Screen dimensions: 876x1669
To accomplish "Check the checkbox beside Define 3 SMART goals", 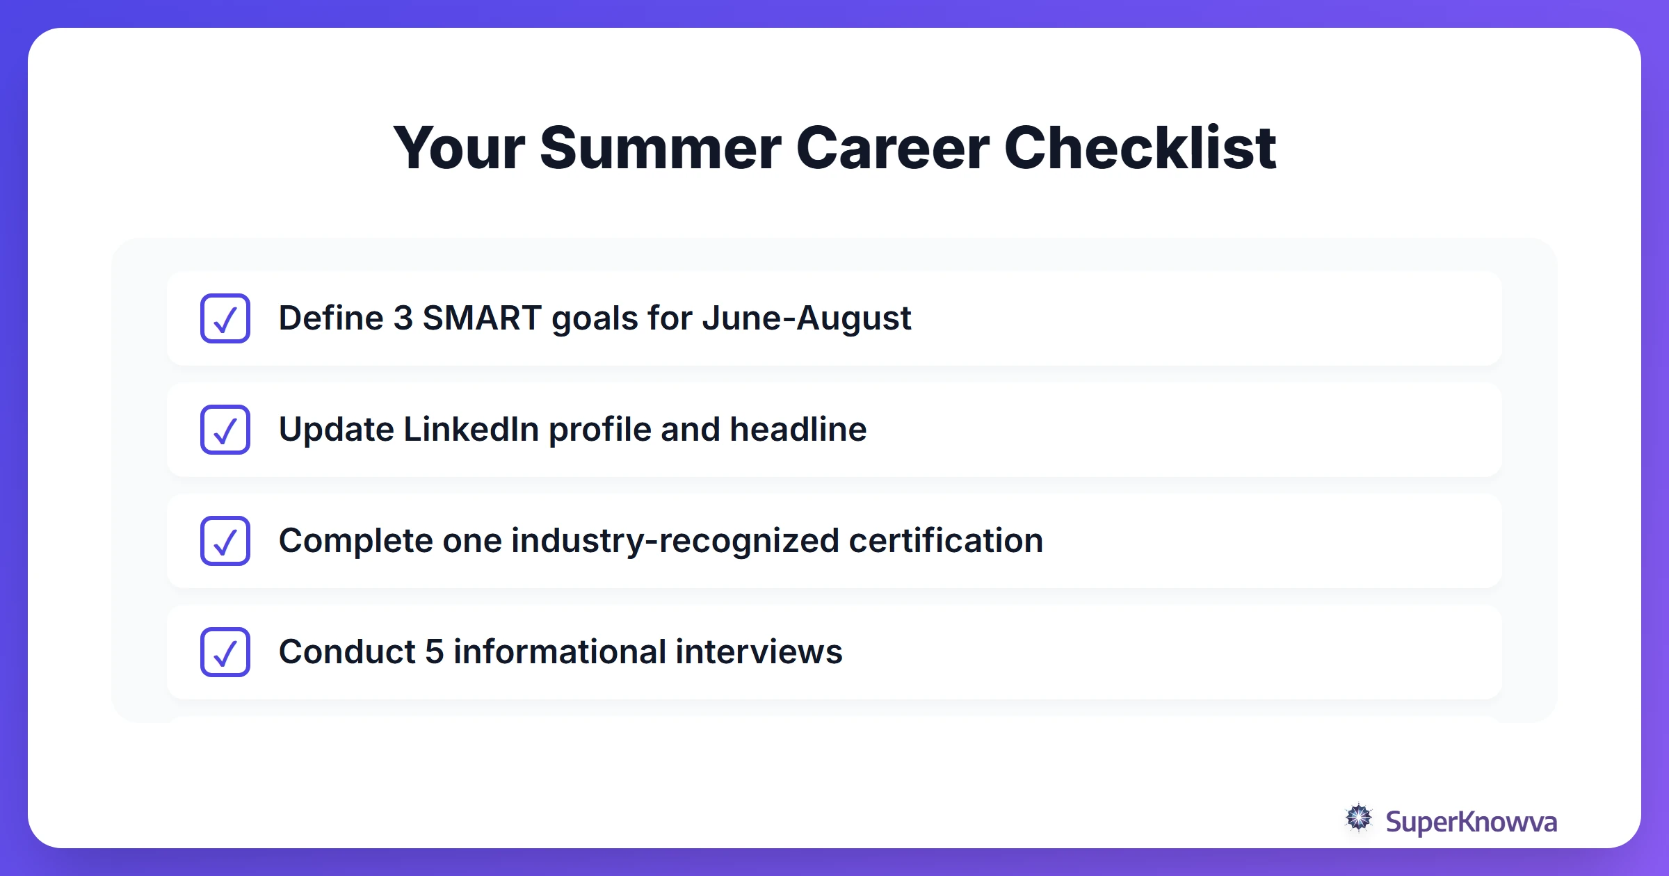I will [x=225, y=318].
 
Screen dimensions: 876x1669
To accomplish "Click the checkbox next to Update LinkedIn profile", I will [x=225, y=430].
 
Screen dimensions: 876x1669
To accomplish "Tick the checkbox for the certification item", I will [x=225, y=541].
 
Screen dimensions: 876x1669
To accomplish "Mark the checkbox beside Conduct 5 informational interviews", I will [x=225, y=652].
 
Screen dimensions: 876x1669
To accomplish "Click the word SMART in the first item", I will [x=482, y=318].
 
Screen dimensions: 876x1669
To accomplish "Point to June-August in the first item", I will [x=806, y=318].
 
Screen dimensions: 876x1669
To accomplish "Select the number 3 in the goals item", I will [x=403, y=318].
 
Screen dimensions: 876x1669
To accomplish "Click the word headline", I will [x=798, y=430].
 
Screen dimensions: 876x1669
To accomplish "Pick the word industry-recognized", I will [x=675, y=541].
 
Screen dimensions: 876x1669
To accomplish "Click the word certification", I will [x=946, y=541].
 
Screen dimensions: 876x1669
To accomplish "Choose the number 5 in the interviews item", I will [x=434, y=652].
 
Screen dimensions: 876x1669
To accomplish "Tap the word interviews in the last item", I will [x=759, y=652].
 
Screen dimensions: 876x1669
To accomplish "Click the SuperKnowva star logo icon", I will [x=1358, y=818].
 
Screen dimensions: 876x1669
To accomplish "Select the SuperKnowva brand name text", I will [x=1471, y=822].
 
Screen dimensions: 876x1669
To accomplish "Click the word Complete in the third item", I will [x=355, y=541].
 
